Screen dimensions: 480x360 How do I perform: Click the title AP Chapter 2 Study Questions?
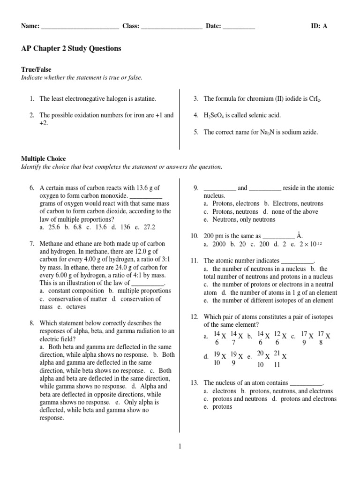click(x=71, y=48)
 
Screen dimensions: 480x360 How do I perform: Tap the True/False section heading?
click(x=36, y=69)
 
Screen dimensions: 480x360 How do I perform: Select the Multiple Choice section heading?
click(x=44, y=159)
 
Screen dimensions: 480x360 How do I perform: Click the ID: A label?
click(x=319, y=26)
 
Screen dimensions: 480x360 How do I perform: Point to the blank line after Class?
click(x=171, y=27)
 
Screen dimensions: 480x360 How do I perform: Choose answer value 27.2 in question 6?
click(x=149, y=227)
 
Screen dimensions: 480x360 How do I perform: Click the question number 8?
click(x=32, y=323)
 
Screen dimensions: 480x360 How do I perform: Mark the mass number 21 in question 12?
click(x=277, y=353)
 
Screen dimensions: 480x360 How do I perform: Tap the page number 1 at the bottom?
click(x=180, y=446)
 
